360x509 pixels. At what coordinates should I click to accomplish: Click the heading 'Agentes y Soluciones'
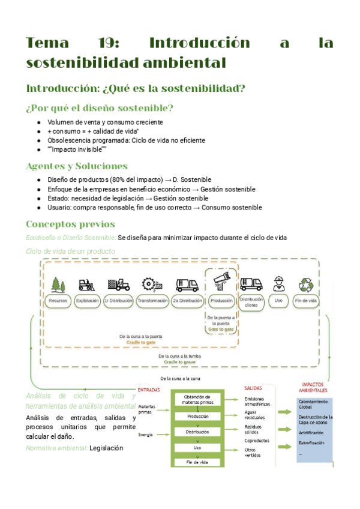click(76, 166)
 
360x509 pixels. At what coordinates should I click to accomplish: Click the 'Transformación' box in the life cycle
click(152, 300)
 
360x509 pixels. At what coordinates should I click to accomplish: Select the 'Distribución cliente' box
click(251, 301)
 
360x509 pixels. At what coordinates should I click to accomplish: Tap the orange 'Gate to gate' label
click(221, 330)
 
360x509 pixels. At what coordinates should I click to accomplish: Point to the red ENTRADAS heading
click(149, 390)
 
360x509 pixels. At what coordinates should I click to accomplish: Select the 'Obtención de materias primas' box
click(197, 400)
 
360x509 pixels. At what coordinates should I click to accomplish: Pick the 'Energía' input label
click(145, 434)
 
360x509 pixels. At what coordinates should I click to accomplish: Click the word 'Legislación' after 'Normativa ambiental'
click(106, 448)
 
